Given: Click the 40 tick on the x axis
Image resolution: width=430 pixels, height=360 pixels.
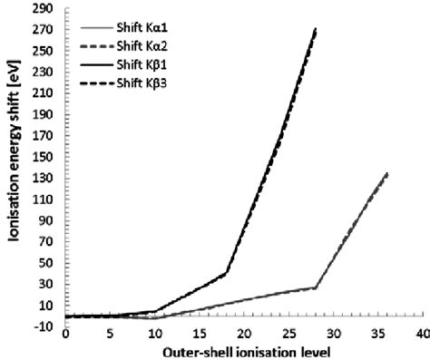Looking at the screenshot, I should point(422,335).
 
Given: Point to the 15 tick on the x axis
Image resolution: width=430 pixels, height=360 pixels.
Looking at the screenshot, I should point(199,335).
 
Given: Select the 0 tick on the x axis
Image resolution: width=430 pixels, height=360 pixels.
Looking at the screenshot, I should point(65,335).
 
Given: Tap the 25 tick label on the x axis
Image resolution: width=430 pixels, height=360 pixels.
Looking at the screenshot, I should point(288,335).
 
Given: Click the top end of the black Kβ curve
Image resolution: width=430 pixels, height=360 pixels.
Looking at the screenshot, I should point(316,29).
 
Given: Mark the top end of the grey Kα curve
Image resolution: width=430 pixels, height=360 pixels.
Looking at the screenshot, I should point(387,173).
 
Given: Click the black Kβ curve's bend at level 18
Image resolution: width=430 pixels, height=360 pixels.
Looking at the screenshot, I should point(226,272).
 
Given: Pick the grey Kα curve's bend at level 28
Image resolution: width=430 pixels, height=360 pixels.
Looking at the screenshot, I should point(316,287).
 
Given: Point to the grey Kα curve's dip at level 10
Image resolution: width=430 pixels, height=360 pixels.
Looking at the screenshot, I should point(154,318).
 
